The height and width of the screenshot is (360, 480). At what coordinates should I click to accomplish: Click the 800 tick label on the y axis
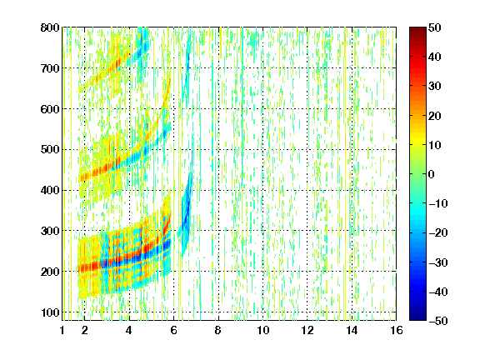(50, 27)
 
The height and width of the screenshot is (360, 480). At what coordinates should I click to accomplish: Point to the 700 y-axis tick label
(50, 68)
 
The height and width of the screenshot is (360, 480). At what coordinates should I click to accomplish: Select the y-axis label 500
(50, 150)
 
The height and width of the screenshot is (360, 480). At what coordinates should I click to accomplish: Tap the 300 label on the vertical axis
(50, 231)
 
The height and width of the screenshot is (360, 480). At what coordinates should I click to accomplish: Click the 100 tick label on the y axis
(50, 312)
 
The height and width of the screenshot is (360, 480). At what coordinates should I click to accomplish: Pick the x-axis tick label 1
(62, 330)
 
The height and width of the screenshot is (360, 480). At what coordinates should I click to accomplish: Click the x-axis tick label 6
(173, 330)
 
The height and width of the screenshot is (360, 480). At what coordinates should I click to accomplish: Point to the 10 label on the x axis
(262, 330)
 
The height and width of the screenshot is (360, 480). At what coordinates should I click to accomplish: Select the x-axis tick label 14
(352, 330)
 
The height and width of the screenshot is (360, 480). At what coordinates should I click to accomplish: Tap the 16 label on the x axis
(397, 330)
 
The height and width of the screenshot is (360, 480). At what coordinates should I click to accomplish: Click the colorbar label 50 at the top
(434, 27)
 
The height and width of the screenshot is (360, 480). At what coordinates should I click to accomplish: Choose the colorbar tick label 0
(432, 174)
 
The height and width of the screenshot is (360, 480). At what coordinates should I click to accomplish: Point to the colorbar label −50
(438, 321)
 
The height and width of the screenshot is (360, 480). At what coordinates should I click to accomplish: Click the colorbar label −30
(438, 262)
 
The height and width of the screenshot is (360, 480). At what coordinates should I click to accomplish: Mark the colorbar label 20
(434, 116)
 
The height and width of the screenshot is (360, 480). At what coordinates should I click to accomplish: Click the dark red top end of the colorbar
(417, 29)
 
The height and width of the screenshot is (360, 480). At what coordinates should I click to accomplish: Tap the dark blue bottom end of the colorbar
(417, 318)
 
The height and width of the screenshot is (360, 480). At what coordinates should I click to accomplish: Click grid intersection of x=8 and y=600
(218, 109)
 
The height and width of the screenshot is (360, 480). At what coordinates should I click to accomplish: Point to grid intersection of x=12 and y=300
(307, 231)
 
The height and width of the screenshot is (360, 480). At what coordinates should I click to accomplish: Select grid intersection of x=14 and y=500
(352, 150)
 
